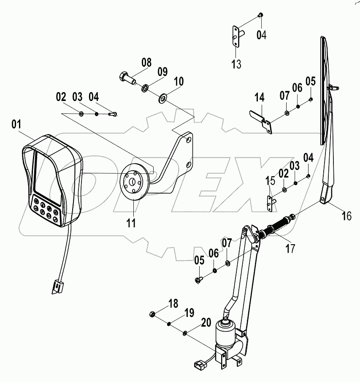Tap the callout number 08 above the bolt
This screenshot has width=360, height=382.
tap(146, 63)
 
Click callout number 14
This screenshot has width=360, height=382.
tap(259, 98)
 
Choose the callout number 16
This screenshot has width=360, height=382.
tap(346, 216)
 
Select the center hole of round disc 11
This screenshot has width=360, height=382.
tap(132, 182)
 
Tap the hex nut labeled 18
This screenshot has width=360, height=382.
tap(153, 314)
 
